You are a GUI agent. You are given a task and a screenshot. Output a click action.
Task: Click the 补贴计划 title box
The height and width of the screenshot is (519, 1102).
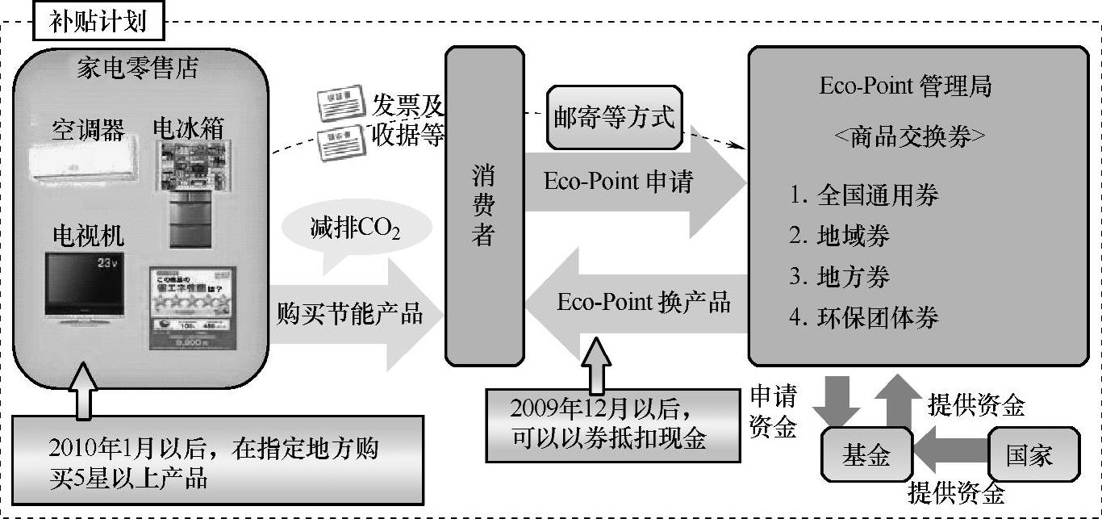click(x=98, y=21)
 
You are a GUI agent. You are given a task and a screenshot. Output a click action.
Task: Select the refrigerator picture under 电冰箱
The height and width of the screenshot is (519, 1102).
click(x=191, y=194)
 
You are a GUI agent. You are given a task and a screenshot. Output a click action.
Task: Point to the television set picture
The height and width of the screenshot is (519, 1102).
click(x=85, y=283)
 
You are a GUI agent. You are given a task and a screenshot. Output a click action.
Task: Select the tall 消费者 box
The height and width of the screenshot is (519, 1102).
click(x=484, y=206)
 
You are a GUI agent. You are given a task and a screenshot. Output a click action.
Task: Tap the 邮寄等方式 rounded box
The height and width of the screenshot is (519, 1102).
click(x=614, y=118)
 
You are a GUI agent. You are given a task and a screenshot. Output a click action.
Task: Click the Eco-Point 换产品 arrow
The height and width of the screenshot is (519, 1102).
click(x=637, y=303)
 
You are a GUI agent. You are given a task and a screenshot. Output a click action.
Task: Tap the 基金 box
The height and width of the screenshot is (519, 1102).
click(x=866, y=455)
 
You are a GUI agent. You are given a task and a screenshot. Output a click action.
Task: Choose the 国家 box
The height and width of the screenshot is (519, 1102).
click(x=1030, y=455)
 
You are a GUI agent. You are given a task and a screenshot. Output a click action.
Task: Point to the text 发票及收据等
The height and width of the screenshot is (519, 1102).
click(x=407, y=120)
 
